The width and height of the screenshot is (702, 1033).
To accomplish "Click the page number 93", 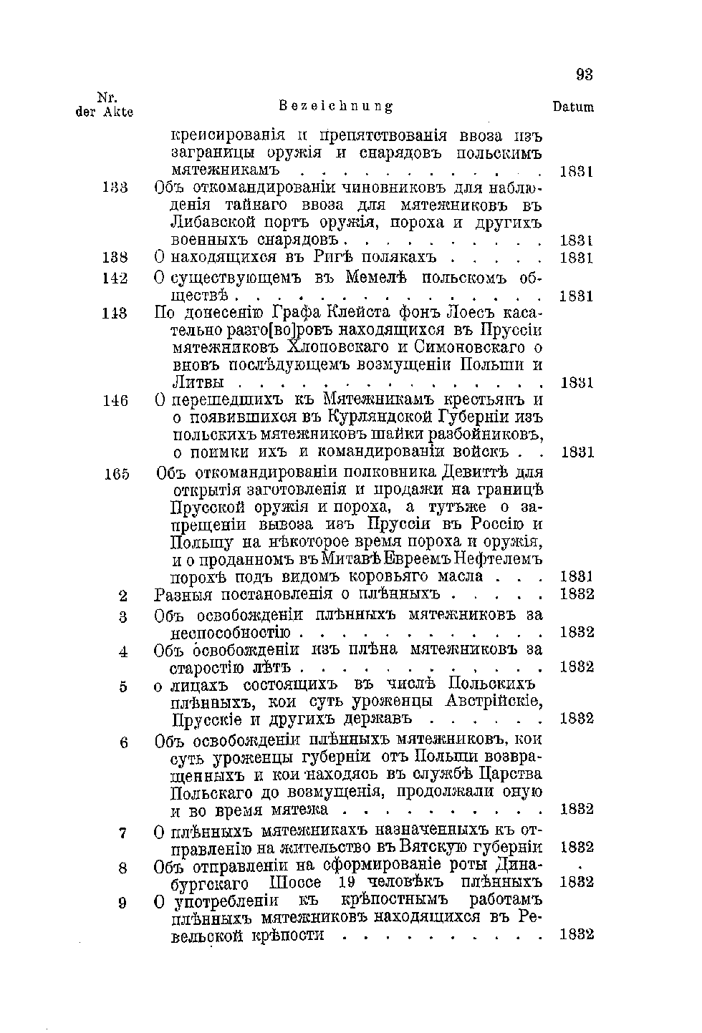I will [585, 75].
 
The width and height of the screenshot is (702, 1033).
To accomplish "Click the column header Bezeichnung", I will [335, 107].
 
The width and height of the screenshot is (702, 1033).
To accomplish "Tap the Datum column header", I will [573, 107].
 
